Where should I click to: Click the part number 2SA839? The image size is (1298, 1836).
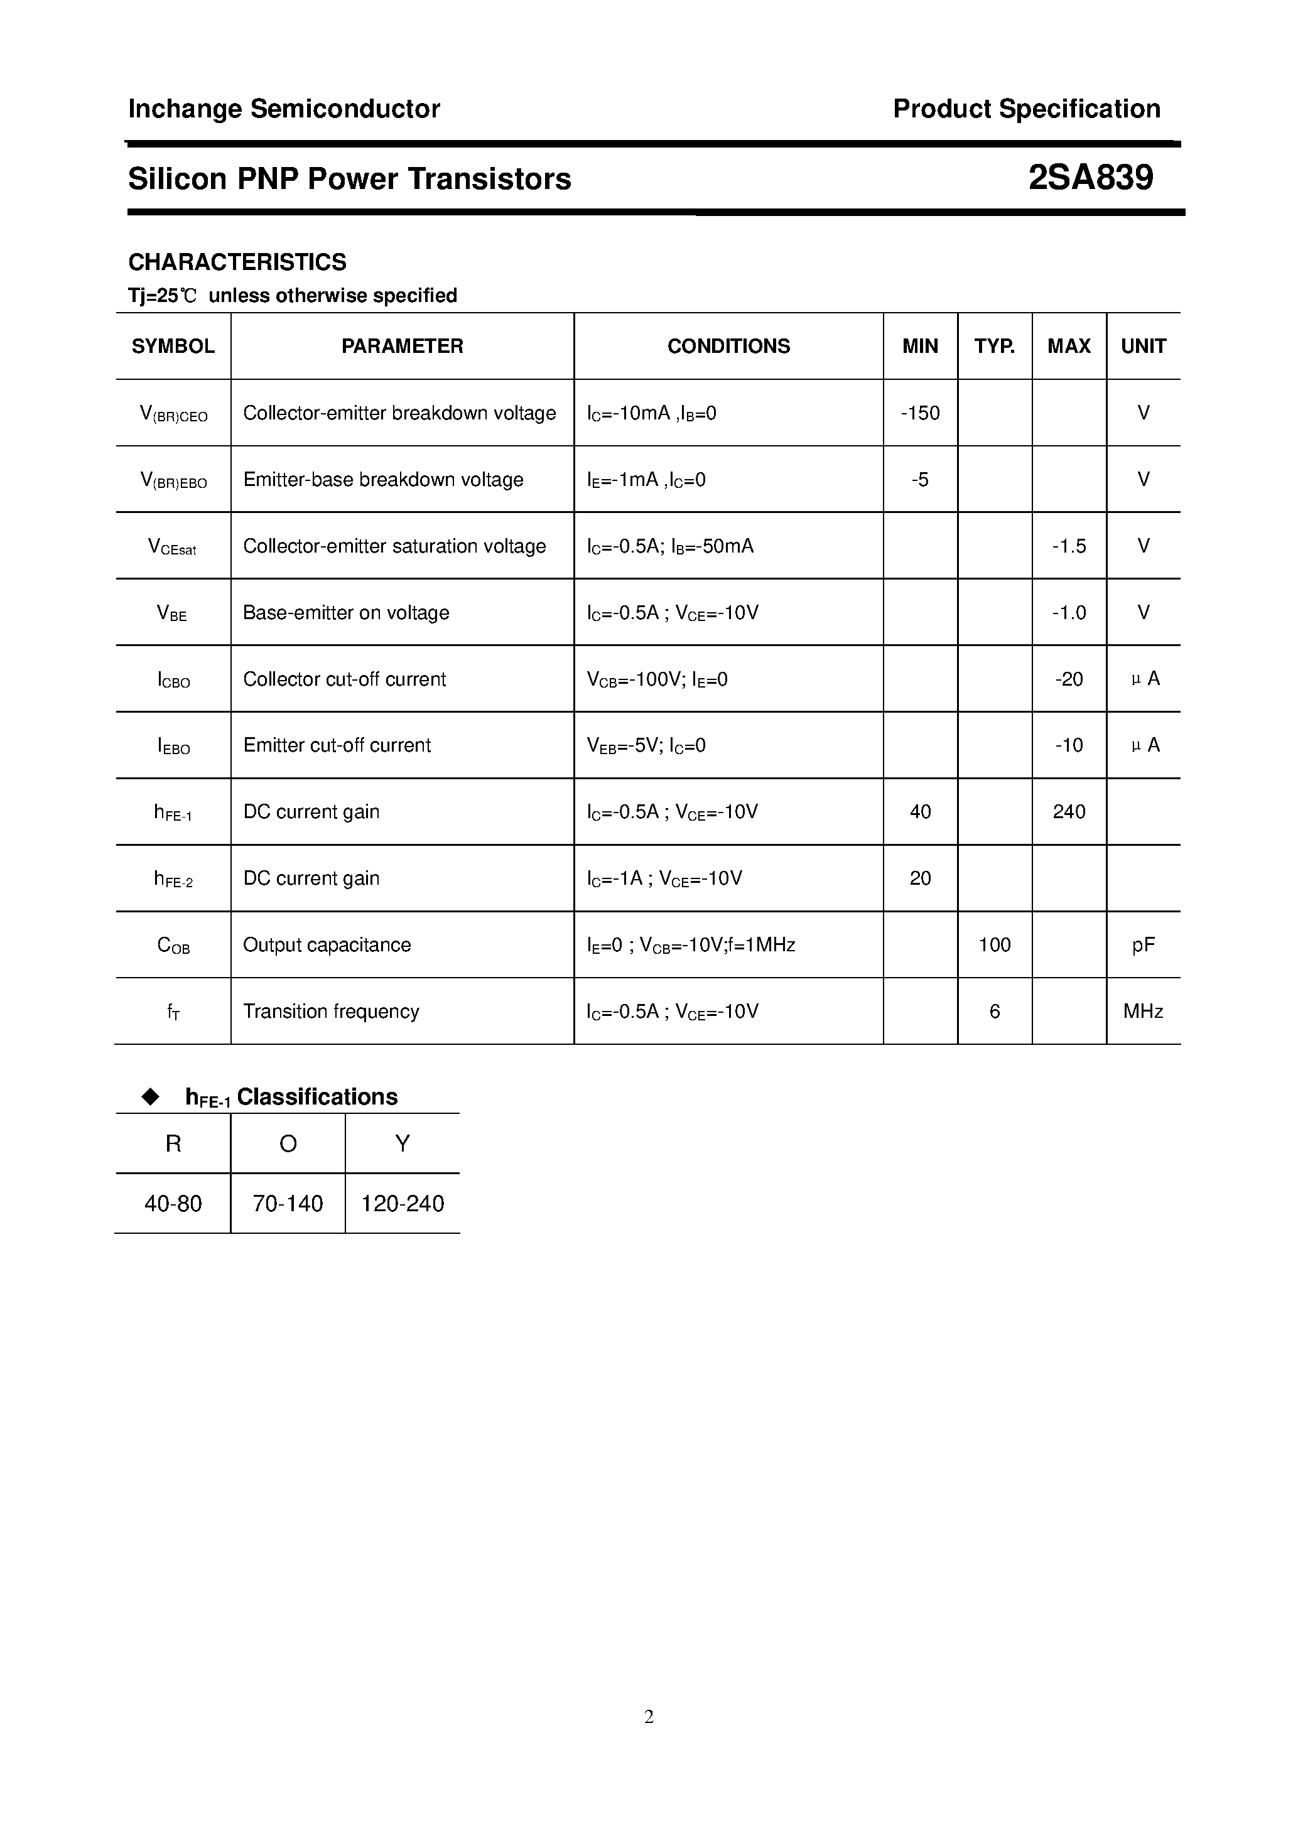point(1090,178)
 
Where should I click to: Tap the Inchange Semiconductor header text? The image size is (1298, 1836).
point(284,109)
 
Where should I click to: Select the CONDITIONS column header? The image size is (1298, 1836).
point(728,346)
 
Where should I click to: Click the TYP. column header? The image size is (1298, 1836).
point(994,346)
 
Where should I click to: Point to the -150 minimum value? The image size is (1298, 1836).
point(920,413)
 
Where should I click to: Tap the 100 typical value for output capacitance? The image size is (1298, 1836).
point(994,944)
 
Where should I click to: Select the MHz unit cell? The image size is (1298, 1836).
point(1143,1012)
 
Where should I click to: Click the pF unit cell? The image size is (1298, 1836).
point(1143,945)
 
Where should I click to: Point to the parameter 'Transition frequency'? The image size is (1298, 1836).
point(331,1012)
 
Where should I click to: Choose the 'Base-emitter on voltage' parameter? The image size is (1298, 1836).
point(345,613)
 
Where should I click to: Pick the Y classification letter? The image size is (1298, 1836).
point(403,1143)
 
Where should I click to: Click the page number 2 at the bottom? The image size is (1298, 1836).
point(649,1717)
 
